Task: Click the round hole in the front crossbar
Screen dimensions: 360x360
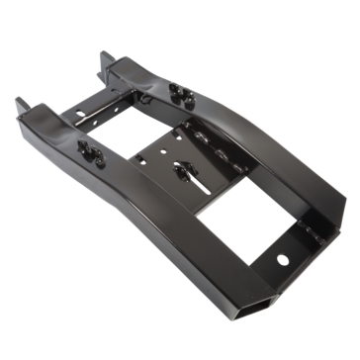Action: point(284,260)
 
